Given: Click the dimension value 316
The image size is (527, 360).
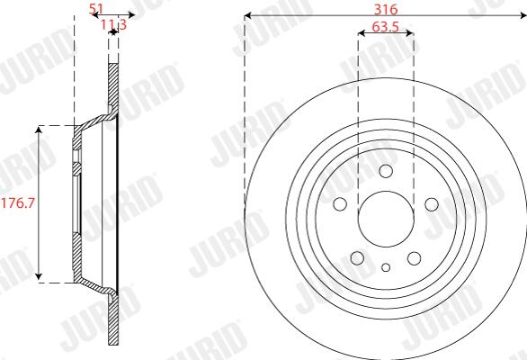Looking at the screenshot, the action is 386,9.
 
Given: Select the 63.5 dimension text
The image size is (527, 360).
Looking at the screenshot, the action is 386,27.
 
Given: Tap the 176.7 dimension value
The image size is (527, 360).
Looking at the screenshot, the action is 18,202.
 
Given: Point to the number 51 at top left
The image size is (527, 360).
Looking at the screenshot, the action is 96,9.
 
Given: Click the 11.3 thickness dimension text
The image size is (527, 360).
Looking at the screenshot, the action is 113,24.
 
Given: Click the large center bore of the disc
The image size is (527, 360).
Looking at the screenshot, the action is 386,219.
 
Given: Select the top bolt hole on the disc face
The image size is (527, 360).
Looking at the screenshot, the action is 386,171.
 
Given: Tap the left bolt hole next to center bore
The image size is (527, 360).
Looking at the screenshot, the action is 340,204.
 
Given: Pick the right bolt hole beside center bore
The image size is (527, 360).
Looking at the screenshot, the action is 432,204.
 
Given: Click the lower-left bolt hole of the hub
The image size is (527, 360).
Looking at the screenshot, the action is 357,258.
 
